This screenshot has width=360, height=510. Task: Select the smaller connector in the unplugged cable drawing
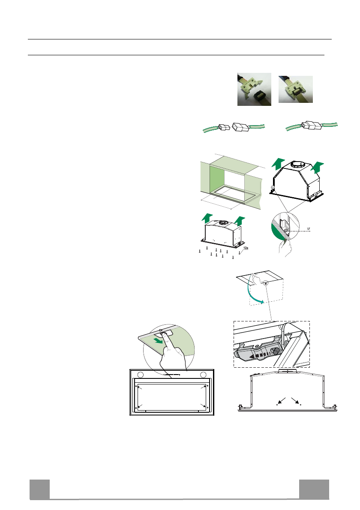coord(223,127)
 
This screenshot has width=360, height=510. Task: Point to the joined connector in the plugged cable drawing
coord(312,126)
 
